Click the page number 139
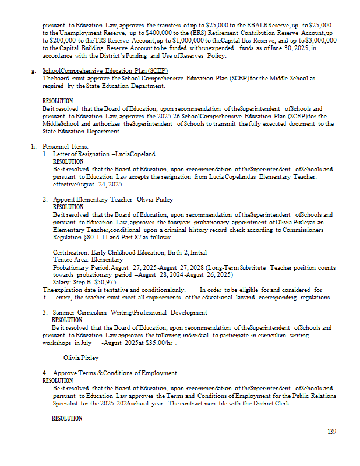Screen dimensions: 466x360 tap(331, 432)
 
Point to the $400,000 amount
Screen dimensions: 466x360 tap(153, 33)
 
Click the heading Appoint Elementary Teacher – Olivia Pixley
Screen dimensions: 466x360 tap(113, 199)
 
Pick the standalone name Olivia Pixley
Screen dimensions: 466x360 tap(81, 358)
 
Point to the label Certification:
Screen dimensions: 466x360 tap(70, 252)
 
